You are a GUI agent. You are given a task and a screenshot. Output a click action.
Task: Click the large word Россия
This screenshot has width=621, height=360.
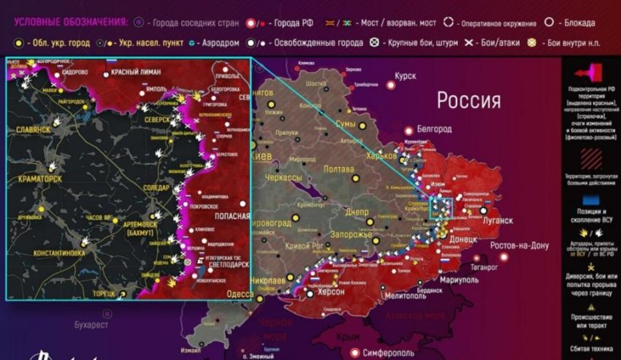469,100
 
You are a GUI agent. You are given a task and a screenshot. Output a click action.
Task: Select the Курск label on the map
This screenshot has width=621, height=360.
405,76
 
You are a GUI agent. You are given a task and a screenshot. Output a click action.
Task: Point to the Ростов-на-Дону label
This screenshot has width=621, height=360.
519,245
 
